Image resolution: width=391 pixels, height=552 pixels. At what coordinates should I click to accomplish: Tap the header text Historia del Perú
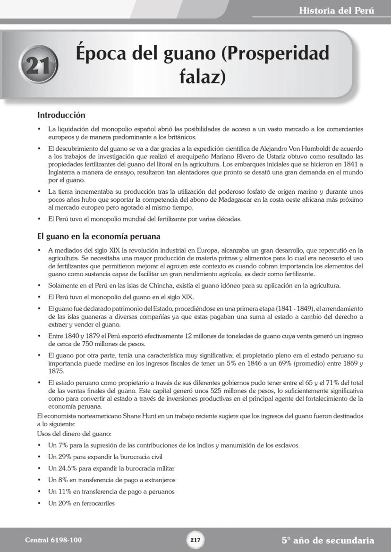pos(336,10)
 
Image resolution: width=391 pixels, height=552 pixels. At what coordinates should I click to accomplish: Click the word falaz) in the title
pos(202,75)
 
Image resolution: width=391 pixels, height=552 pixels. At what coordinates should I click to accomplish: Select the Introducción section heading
pos(61,115)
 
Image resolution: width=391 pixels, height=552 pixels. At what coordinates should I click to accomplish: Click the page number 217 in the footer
pos(195,540)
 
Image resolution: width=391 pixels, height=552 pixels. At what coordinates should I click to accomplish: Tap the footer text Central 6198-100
pos(50,540)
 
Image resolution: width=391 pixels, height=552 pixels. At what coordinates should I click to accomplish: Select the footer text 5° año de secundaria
pos(328,540)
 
